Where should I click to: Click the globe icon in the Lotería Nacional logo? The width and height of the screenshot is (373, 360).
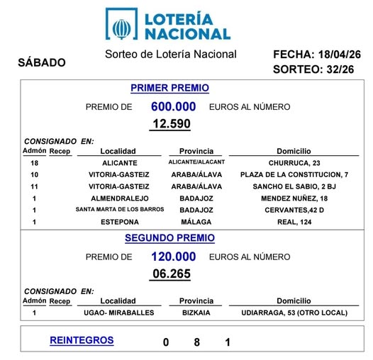click(x=123, y=24)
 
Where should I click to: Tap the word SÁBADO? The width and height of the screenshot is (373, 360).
click(x=41, y=62)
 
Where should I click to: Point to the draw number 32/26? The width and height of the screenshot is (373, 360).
click(x=334, y=69)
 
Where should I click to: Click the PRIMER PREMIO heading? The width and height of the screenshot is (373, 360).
click(x=169, y=88)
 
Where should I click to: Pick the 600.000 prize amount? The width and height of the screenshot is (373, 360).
click(x=173, y=107)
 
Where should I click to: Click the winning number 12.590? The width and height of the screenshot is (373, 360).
click(x=171, y=124)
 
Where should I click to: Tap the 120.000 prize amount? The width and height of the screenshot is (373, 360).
click(x=173, y=257)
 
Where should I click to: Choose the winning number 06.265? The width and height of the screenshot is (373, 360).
click(x=171, y=274)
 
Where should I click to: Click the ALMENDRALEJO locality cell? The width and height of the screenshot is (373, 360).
click(x=118, y=198)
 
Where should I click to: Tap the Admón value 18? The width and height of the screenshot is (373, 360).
click(x=34, y=162)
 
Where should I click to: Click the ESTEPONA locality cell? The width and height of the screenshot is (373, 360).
click(x=118, y=222)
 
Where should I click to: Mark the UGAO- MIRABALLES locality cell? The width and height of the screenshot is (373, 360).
click(x=118, y=313)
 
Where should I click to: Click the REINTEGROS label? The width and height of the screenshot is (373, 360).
click(x=82, y=340)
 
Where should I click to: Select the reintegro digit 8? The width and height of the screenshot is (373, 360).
click(x=196, y=342)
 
